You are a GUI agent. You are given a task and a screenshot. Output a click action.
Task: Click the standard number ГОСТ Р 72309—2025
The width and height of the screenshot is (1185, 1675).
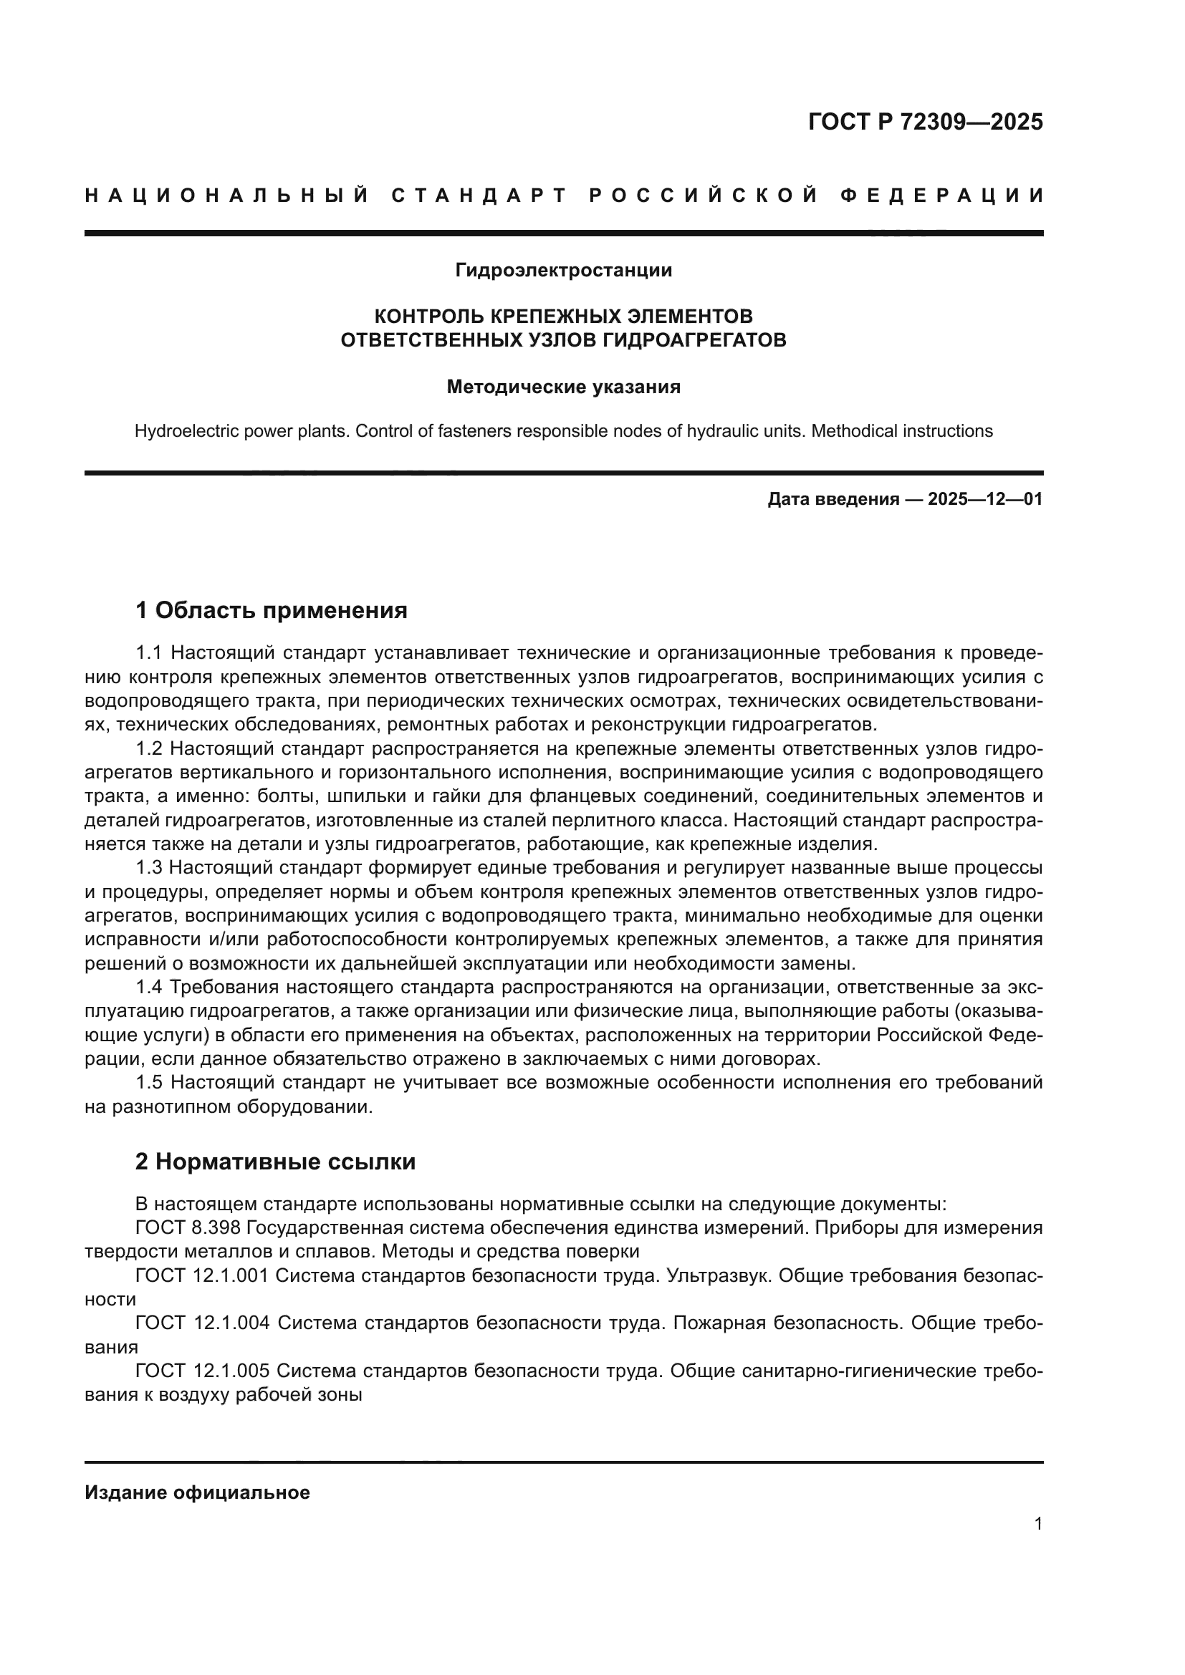tap(925, 122)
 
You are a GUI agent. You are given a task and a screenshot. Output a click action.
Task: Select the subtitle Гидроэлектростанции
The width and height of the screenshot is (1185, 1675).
tap(563, 271)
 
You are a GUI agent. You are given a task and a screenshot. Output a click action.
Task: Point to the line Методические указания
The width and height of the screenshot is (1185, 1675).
tap(563, 387)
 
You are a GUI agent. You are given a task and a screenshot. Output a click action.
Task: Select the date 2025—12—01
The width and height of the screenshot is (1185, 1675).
tap(985, 500)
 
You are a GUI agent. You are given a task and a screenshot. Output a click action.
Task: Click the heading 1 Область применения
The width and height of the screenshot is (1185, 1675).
tap(271, 610)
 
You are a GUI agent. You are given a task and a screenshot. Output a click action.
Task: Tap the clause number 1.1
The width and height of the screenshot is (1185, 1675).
tap(150, 652)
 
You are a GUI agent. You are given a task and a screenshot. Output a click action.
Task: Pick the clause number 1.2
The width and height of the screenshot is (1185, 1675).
tap(150, 748)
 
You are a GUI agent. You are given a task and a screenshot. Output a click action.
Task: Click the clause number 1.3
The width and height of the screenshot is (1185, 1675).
tap(150, 867)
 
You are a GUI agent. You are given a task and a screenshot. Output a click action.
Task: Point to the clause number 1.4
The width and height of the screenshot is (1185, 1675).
tap(150, 987)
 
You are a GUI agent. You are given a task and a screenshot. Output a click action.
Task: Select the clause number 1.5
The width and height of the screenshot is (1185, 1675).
tap(150, 1082)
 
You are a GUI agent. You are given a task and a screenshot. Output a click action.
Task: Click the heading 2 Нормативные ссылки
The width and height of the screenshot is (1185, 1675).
tap(275, 1162)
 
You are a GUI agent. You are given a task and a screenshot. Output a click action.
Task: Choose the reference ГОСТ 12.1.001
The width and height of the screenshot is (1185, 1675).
tap(202, 1275)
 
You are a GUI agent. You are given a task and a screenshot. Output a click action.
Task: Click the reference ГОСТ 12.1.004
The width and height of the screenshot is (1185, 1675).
tap(202, 1323)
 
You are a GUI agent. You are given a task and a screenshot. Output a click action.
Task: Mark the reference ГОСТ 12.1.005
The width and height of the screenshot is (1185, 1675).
tap(202, 1371)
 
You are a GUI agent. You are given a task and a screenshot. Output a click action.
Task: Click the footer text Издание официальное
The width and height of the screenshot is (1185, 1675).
tap(197, 1492)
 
